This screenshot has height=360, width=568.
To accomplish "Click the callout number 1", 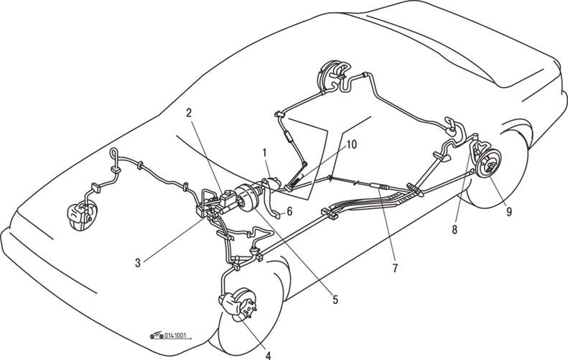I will tap(264, 153).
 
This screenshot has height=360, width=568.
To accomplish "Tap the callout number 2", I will tap(189, 113).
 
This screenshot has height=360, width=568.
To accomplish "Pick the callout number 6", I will tap(290, 211).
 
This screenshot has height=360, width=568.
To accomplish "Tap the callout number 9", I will tap(508, 213).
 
